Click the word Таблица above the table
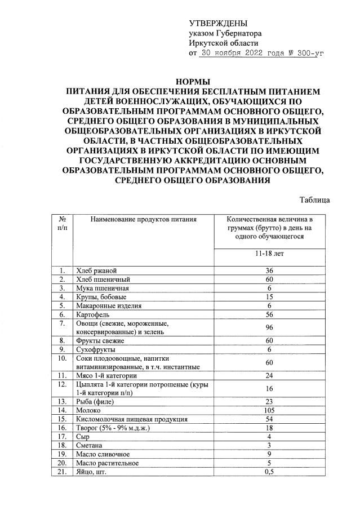tap(315, 200)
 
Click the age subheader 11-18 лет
tap(268, 254)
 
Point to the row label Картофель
tap(94, 314)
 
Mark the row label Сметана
tap(90, 445)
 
